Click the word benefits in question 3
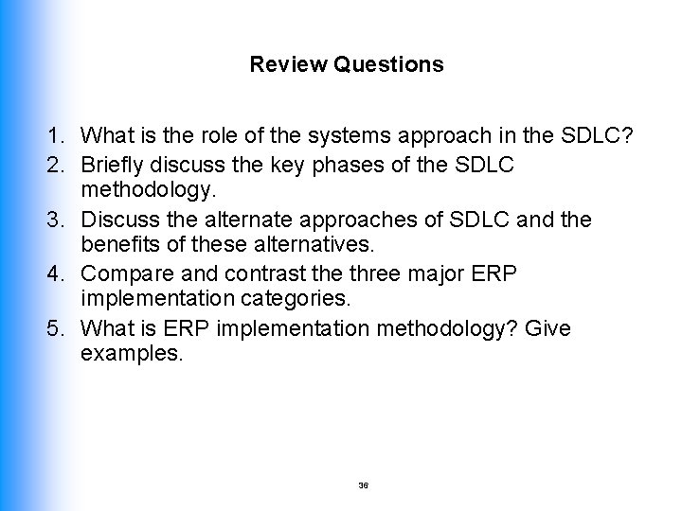click(x=118, y=247)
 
